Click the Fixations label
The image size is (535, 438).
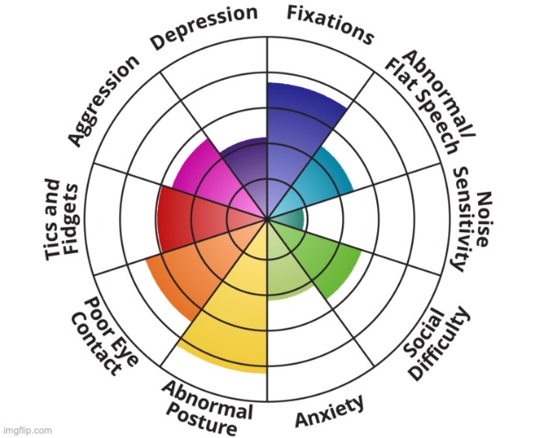(330, 24)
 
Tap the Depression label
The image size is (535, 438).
(205, 27)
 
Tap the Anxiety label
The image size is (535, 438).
(330, 411)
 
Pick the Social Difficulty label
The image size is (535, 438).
(435, 343)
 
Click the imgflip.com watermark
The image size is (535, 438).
(27, 430)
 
